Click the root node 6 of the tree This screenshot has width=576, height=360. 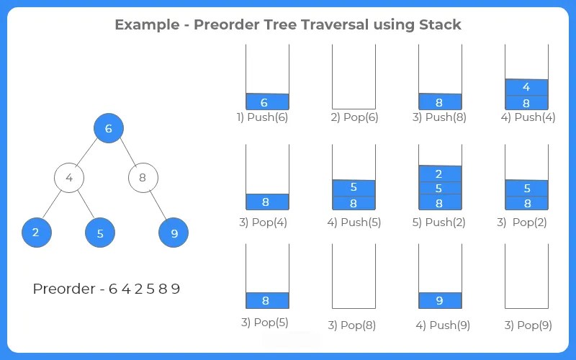tap(109, 129)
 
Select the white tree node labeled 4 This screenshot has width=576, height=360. tap(69, 177)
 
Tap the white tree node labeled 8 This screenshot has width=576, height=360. tap(143, 177)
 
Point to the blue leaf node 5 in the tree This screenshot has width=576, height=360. tap(100, 233)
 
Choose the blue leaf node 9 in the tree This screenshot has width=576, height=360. tap(174, 233)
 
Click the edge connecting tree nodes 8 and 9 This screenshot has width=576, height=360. tap(158, 205)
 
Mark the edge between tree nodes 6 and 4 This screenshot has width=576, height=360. tap(89, 153)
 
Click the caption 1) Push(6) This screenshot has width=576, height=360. tap(262, 117)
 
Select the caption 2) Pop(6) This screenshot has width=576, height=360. tap(354, 117)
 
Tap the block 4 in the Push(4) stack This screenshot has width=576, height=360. tap(526, 87)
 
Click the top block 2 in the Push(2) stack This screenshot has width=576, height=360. tap(439, 174)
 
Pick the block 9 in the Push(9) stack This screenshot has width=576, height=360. tap(439, 300)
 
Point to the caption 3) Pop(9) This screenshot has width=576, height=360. tap(528, 325)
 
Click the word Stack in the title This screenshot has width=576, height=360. tap(440, 24)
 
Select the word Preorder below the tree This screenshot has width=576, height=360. tap(64, 289)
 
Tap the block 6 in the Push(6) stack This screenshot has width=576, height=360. tap(266, 102)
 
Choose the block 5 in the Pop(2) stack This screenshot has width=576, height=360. tap(526, 188)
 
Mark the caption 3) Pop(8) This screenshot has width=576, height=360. tap(352, 325)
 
